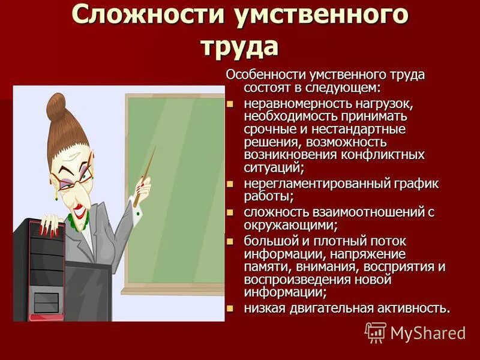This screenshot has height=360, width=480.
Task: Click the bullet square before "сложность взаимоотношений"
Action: pyautogui.click(x=229, y=212)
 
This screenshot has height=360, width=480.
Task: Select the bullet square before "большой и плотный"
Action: pyautogui.click(x=229, y=241)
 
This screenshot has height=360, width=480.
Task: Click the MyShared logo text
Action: pyautogui.click(x=428, y=332)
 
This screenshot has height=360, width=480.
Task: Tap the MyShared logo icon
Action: pyautogui.click(x=375, y=332)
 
